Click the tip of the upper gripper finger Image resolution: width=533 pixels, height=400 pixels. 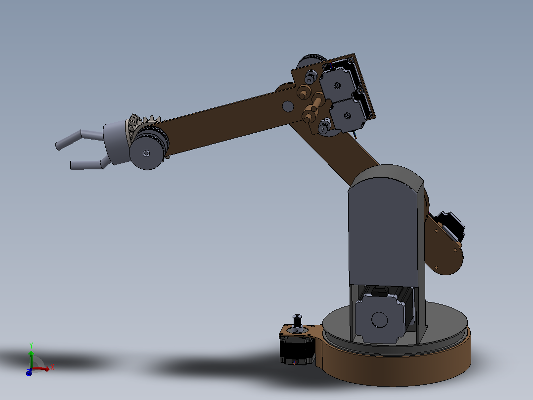coord(58,147)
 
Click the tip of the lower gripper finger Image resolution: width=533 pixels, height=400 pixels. coord(71,165)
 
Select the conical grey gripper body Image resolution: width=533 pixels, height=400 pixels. coord(116,143)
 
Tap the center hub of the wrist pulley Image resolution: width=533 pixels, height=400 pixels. coord(146,153)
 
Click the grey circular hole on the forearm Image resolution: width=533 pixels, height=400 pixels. coord(288,106)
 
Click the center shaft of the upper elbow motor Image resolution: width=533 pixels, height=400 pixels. coord(337,86)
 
